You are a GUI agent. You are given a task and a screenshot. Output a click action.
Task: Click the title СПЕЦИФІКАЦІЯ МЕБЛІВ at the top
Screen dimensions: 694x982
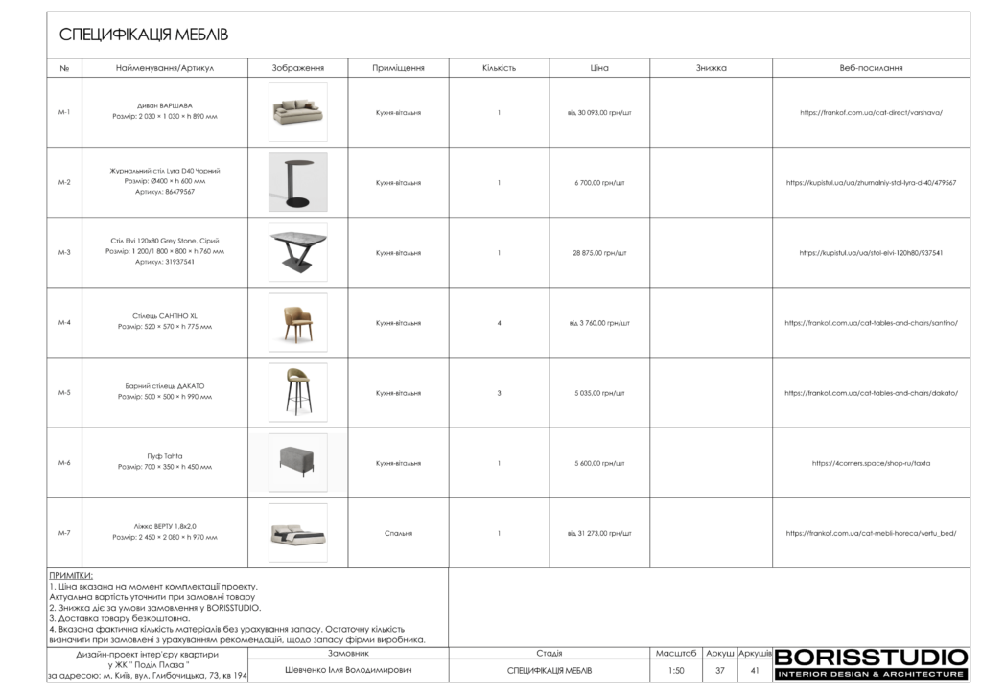[144, 35]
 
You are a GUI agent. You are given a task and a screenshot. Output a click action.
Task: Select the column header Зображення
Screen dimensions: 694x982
[297, 68]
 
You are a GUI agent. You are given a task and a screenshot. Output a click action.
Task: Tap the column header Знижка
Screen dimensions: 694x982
[711, 68]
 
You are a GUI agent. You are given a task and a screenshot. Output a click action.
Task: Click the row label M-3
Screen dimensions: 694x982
[64, 252]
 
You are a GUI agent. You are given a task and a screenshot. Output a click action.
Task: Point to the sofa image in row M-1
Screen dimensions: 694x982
[297, 111]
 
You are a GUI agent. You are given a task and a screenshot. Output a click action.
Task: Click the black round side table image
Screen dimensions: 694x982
[297, 182]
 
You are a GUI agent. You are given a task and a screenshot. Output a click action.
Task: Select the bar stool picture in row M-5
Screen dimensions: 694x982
[297, 392]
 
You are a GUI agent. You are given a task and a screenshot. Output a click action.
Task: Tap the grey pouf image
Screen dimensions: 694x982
[297, 462]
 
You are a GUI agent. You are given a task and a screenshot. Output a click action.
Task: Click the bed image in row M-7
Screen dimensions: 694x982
[297, 533]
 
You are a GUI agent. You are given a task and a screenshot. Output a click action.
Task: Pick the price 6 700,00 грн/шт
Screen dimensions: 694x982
[599, 182]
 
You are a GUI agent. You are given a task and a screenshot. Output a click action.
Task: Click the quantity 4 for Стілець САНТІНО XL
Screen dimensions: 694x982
[499, 322]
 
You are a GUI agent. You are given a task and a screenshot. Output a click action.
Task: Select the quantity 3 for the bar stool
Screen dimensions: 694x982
[499, 392]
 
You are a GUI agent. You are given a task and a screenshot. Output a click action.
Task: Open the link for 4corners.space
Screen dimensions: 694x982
[871, 463]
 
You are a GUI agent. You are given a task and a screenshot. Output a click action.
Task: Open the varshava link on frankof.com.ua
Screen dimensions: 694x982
[871, 112]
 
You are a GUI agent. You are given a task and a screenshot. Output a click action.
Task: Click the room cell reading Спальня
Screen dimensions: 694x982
[398, 533]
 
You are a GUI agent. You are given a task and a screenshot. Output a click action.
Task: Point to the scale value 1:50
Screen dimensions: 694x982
[676, 670]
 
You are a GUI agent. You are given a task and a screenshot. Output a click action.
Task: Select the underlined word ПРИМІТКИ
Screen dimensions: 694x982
[70, 575]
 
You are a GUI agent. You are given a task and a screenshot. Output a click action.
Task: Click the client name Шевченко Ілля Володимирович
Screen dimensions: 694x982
[348, 670]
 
